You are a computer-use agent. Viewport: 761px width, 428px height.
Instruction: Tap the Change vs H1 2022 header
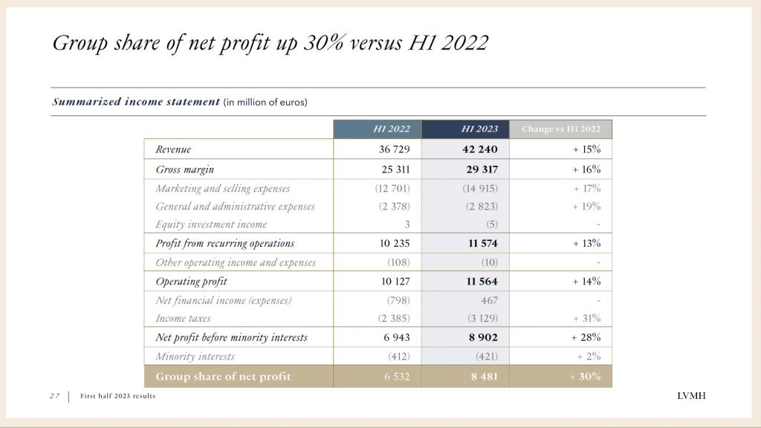click(x=561, y=129)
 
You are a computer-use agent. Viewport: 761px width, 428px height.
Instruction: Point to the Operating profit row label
click(x=192, y=282)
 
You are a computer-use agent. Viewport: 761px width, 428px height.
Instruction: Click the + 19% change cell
click(x=586, y=207)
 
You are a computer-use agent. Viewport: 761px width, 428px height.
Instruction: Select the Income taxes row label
click(x=183, y=319)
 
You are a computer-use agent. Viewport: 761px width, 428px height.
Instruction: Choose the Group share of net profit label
click(x=223, y=377)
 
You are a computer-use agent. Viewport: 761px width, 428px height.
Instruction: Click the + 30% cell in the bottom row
click(x=585, y=377)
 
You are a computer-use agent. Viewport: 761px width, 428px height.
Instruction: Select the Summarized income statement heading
click(x=135, y=102)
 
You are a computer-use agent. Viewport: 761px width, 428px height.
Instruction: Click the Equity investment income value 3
click(x=407, y=224)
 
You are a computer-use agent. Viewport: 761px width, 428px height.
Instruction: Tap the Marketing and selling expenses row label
click(x=223, y=188)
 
